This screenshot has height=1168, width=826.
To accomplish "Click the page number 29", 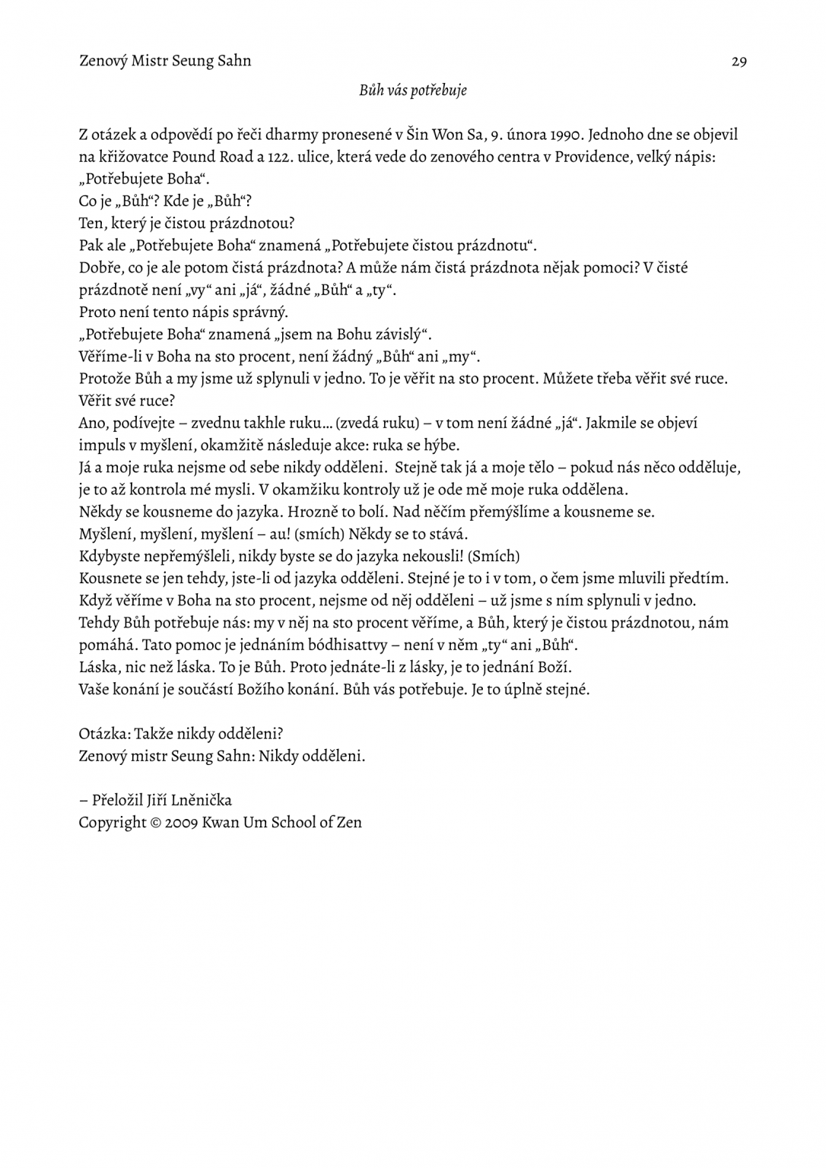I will (739, 62).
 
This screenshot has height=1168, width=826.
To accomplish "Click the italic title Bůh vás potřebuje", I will (413, 91).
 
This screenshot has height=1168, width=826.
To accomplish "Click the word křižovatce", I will (132, 158).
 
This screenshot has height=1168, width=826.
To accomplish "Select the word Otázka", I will (104, 734).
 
